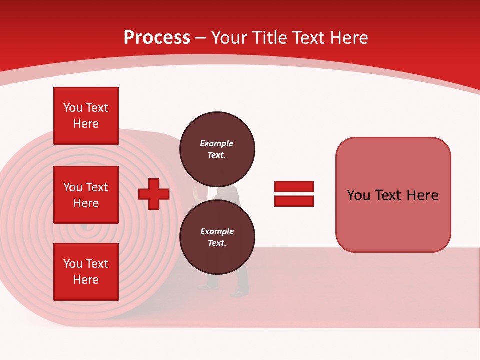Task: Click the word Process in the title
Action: (x=157, y=38)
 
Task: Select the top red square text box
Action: (x=86, y=116)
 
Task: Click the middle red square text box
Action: (x=86, y=195)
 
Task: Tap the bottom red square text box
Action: (x=86, y=272)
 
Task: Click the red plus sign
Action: (x=154, y=194)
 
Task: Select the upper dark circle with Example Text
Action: (x=217, y=149)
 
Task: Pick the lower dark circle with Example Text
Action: (x=217, y=237)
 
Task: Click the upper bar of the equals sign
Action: (x=294, y=186)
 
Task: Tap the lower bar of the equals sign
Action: (x=294, y=201)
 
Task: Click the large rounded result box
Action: (x=393, y=195)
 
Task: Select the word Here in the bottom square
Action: (x=86, y=280)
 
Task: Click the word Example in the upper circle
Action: (x=217, y=143)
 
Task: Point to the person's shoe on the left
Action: (x=206, y=287)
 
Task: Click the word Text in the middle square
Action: (x=97, y=187)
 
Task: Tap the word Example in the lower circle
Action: (x=217, y=231)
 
